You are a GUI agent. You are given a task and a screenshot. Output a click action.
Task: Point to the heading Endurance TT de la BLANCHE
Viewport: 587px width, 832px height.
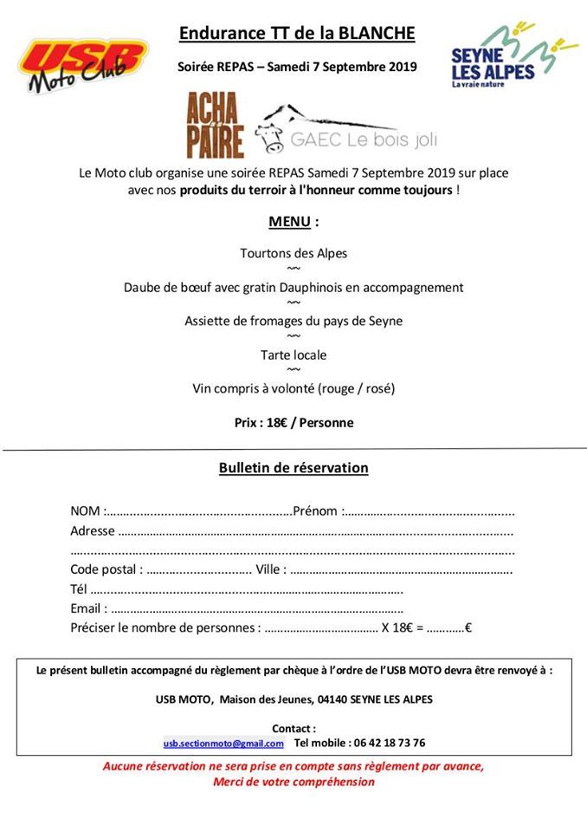(297, 34)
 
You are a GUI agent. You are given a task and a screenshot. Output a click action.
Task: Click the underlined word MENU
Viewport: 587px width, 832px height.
(289, 221)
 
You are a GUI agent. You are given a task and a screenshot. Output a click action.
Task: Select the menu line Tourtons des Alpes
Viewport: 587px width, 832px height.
(293, 253)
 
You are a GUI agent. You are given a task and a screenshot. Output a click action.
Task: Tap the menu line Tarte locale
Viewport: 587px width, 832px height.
(293, 354)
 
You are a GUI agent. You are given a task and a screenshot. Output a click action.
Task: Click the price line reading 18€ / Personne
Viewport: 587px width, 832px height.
(293, 423)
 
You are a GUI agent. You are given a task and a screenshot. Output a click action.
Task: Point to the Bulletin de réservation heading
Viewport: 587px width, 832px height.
(293, 468)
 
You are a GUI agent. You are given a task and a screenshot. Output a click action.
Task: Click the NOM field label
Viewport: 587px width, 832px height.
(86, 510)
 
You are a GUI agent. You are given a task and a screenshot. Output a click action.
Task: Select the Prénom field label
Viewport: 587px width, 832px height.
(316, 510)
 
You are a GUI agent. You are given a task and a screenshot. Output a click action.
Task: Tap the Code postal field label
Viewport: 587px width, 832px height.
(105, 569)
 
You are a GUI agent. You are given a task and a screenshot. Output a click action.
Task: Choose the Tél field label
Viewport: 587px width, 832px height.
(79, 589)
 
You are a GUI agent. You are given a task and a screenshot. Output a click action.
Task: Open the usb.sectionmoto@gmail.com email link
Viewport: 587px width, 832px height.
(223, 743)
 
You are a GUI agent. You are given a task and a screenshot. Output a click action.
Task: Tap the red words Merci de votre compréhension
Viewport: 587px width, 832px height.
(293, 782)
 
